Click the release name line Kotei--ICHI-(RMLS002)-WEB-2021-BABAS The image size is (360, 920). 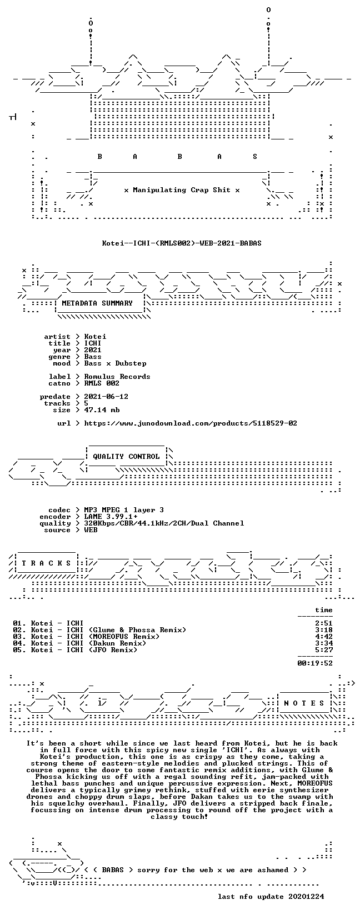coord(182,243)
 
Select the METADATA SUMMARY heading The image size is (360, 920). coord(97,303)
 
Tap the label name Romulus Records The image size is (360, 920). coord(117,377)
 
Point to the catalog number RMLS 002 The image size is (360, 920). coord(102,383)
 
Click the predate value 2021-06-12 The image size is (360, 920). coord(106,397)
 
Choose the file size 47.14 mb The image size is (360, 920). coord(102,410)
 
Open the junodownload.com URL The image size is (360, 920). coord(191,423)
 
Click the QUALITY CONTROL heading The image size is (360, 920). coord(126,456)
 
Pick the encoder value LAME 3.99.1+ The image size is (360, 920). coord(111,517)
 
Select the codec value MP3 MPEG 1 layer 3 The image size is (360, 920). coord(124,510)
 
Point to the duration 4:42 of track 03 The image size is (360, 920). coord(324,637)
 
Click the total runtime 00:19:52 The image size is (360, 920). coord(315,663)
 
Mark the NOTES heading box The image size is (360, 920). coord(304,703)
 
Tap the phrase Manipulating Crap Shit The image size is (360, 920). coord(182,190)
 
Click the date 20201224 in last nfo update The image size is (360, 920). coord(306,896)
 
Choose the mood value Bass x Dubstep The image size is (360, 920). coord(115,363)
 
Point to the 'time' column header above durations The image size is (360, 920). coord(324,611)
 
